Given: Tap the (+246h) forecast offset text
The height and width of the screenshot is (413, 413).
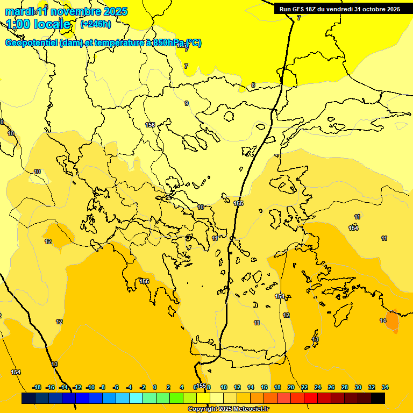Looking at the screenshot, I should tap(96, 24).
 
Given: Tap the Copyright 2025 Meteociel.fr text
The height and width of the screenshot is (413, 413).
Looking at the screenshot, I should tap(228, 409).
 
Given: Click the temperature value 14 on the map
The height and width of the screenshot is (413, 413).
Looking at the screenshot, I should tap(383, 321).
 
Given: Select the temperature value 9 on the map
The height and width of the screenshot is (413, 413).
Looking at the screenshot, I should tap(187, 103).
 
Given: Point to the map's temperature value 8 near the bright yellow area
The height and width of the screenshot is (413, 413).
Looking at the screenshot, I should tap(253, 85).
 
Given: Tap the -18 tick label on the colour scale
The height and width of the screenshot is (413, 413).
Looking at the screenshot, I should tap(37, 387).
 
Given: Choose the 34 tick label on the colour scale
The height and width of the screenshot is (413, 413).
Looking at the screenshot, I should tap(385, 387).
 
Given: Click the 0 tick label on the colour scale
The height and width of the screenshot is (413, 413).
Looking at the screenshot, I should tap(155, 387).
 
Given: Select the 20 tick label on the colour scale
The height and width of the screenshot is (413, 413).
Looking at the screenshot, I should tap(291, 387).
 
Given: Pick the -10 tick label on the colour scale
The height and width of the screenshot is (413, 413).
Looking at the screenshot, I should tap(91, 387).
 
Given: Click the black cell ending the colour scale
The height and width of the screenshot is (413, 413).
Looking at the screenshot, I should tap(378, 398).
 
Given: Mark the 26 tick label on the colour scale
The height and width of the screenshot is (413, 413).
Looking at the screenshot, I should tap(331, 387).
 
